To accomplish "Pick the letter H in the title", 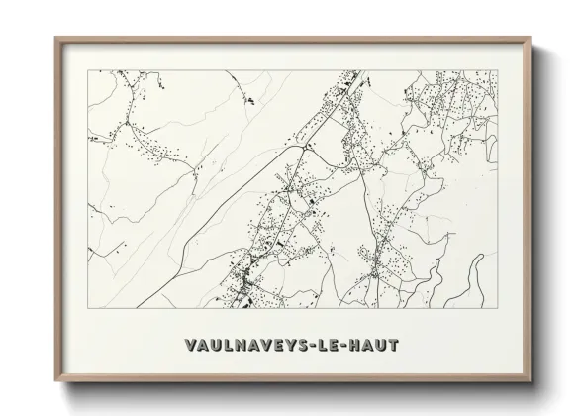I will tap(358, 345).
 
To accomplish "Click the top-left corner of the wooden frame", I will tap(54, 39).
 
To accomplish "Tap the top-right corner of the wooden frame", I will tap(531, 39).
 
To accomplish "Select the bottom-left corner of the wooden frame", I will tap(54, 381).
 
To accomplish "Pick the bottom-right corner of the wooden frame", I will tap(531, 381).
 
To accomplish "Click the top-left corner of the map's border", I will tap(87, 70).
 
